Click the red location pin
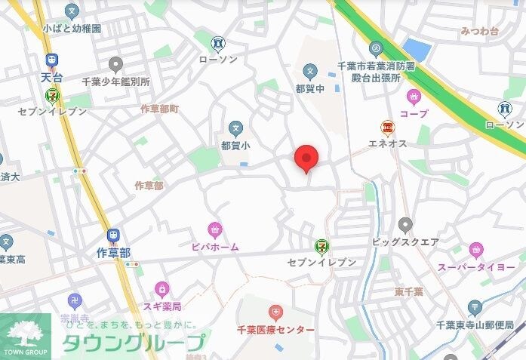coord(306,156)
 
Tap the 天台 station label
coord(51,78)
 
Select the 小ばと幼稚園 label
coord(72,29)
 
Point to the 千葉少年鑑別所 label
coord(115,81)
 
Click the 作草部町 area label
coord(160,109)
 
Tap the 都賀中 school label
coord(309,88)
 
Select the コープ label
coord(414,113)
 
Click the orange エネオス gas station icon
coord(387,128)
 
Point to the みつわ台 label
coord(479,32)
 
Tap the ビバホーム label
coord(214,246)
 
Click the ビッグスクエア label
coord(405,243)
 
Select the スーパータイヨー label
coord(475,266)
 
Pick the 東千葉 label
coord(408,291)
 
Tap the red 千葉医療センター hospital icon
coord(276,312)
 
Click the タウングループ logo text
coord(131,342)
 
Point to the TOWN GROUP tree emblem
coord(25,332)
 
